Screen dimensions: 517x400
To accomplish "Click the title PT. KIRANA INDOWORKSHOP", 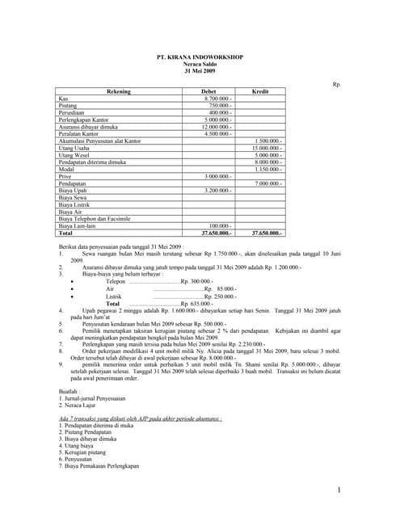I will pyautogui.click(x=199, y=57).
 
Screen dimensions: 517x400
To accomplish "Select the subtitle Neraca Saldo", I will pyautogui.click(x=199, y=64).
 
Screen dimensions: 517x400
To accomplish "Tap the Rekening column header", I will pyautogui.click(x=119, y=91).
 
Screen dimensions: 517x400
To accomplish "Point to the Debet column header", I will pyautogui.click(x=208, y=91).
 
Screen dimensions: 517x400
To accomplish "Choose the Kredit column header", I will pyautogui.click(x=260, y=91).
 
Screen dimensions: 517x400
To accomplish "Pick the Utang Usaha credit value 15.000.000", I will pyautogui.click(x=267, y=148).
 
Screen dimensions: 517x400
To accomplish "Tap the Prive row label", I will pyautogui.click(x=66, y=176).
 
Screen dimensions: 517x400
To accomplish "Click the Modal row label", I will pyautogui.click(x=67, y=169).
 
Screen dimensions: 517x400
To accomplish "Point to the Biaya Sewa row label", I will pyautogui.click(x=73, y=197).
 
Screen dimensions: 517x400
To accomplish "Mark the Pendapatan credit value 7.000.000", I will pyautogui.click(x=268, y=183).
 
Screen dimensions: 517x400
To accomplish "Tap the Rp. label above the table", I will pyautogui.click(x=337, y=84).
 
